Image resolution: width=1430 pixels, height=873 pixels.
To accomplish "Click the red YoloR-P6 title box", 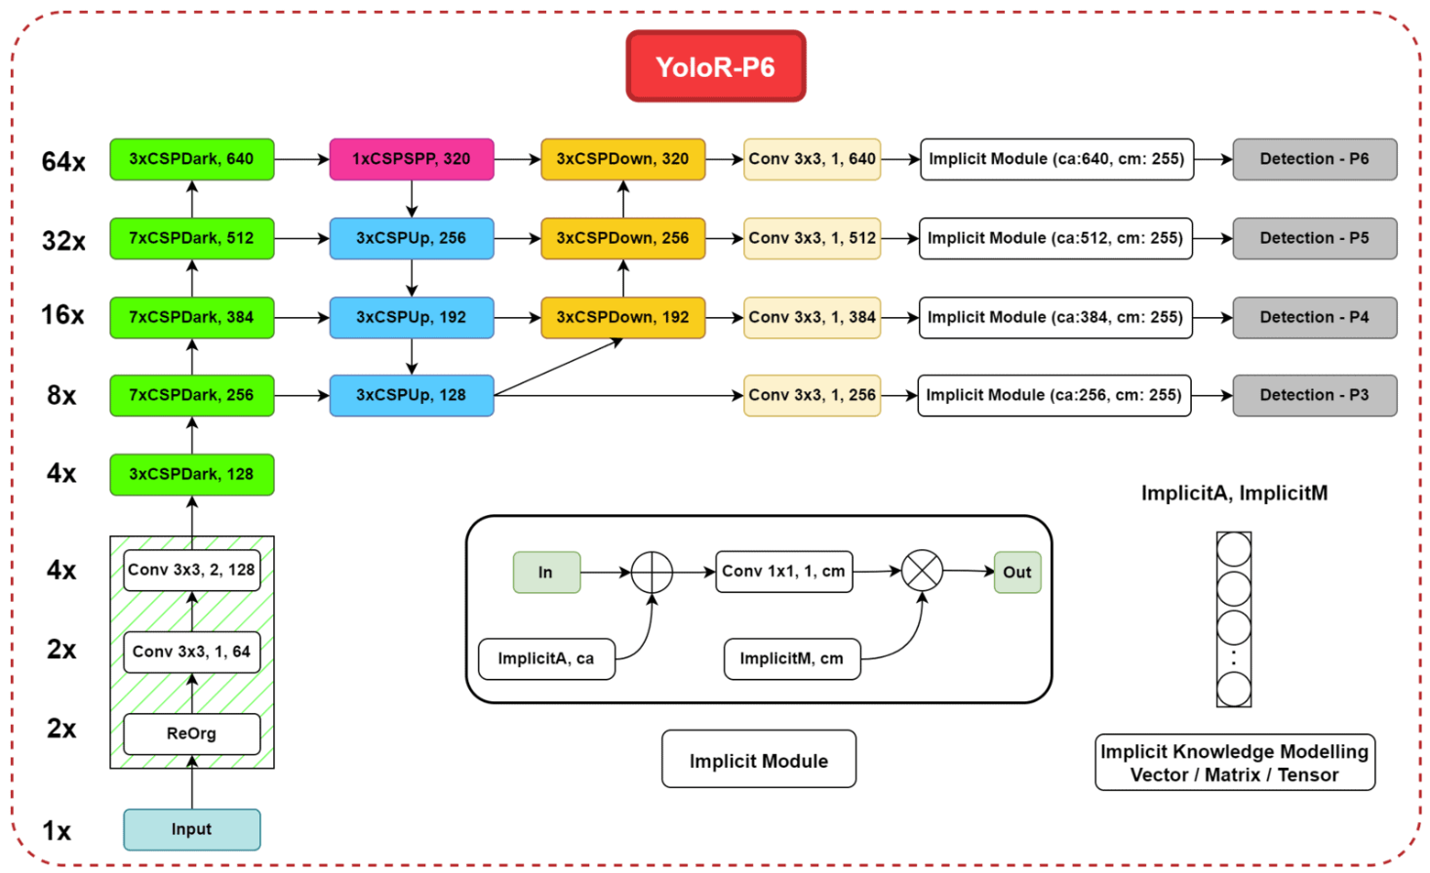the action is (716, 65).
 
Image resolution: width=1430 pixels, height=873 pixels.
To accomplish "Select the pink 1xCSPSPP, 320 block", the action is (412, 159).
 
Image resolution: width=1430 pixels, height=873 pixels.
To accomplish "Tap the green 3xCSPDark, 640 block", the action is (192, 159).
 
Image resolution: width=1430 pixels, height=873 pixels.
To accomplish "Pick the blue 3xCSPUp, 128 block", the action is (412, 396).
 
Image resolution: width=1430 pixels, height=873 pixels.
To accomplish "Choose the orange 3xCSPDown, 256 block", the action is (623, 238).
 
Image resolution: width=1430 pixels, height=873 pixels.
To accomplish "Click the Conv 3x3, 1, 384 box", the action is (812, 317).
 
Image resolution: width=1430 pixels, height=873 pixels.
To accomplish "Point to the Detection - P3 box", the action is (1315, 396).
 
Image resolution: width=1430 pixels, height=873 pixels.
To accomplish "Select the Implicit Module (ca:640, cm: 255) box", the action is (1056, 159).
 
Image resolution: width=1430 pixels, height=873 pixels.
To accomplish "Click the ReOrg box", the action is (192, 734).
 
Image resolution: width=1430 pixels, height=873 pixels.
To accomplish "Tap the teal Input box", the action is (192, 830).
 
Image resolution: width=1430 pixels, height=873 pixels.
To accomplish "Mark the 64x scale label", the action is (63, 162).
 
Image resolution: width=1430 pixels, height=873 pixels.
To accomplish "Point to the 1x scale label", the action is (57, 831).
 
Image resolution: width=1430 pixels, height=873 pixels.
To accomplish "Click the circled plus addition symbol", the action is (652, 572).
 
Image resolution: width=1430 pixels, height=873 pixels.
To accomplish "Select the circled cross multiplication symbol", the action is (922, 571).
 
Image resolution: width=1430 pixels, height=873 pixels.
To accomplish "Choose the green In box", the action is (546, 573).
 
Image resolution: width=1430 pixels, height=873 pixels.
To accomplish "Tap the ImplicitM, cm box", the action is (792, 658).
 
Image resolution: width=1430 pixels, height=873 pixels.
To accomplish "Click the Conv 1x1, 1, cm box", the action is (784, 572).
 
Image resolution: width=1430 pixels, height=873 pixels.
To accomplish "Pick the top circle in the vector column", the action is (1233, 549).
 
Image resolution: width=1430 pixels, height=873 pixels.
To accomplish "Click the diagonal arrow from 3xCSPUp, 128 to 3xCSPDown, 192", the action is (559, 367).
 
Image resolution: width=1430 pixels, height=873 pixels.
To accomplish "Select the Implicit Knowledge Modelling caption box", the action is (1235, 763).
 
